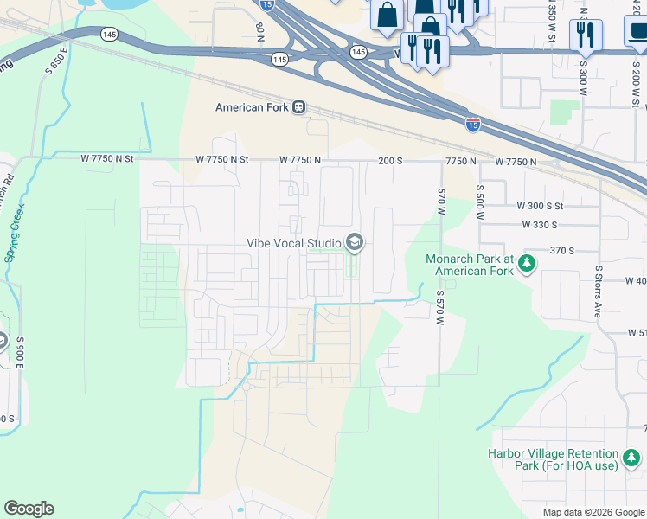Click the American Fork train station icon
tap(298, 107)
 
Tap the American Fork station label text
tap(252, 107)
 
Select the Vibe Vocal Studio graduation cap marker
tap(354, 243)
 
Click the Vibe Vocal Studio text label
tap(294, 244)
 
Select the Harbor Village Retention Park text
tap(554, 460)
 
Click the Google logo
tap(29, 509)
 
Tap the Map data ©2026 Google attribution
tap(593, 512)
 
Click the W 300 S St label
tap(540, 206)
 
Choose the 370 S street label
tap(562, 250)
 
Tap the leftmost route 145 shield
tap(109, 34)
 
